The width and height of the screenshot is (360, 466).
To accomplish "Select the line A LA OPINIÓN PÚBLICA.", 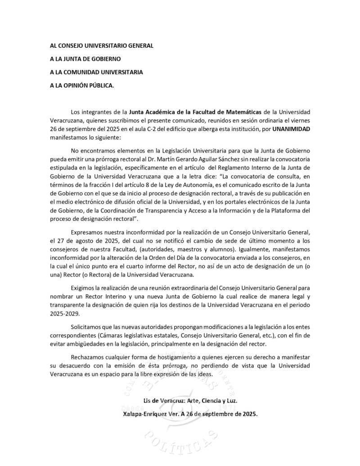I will (82, 85).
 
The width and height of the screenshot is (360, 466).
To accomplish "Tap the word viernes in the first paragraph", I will (300, 120).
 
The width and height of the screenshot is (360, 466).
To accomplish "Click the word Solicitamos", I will (87, 326).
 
